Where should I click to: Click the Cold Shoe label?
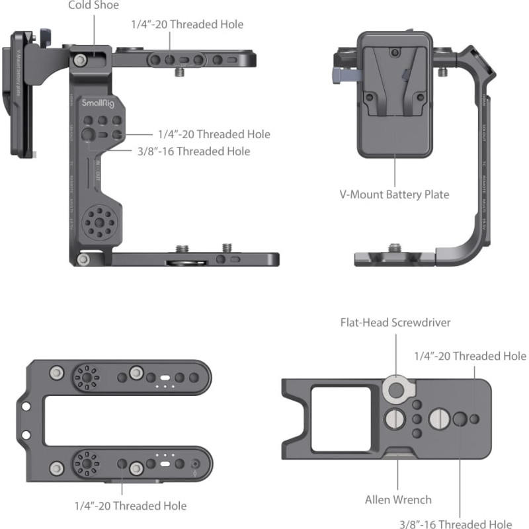point(93,5)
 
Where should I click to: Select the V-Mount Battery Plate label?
point(395,194)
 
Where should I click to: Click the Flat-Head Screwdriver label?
point(395,323)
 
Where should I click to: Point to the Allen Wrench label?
point(398,500)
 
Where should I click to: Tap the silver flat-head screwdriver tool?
point(395,390)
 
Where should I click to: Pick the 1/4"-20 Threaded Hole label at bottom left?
point(130,506)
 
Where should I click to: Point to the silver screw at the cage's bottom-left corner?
point(83,259)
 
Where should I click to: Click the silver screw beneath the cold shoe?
point(80,61)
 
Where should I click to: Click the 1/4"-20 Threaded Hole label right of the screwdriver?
point(470,356)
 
